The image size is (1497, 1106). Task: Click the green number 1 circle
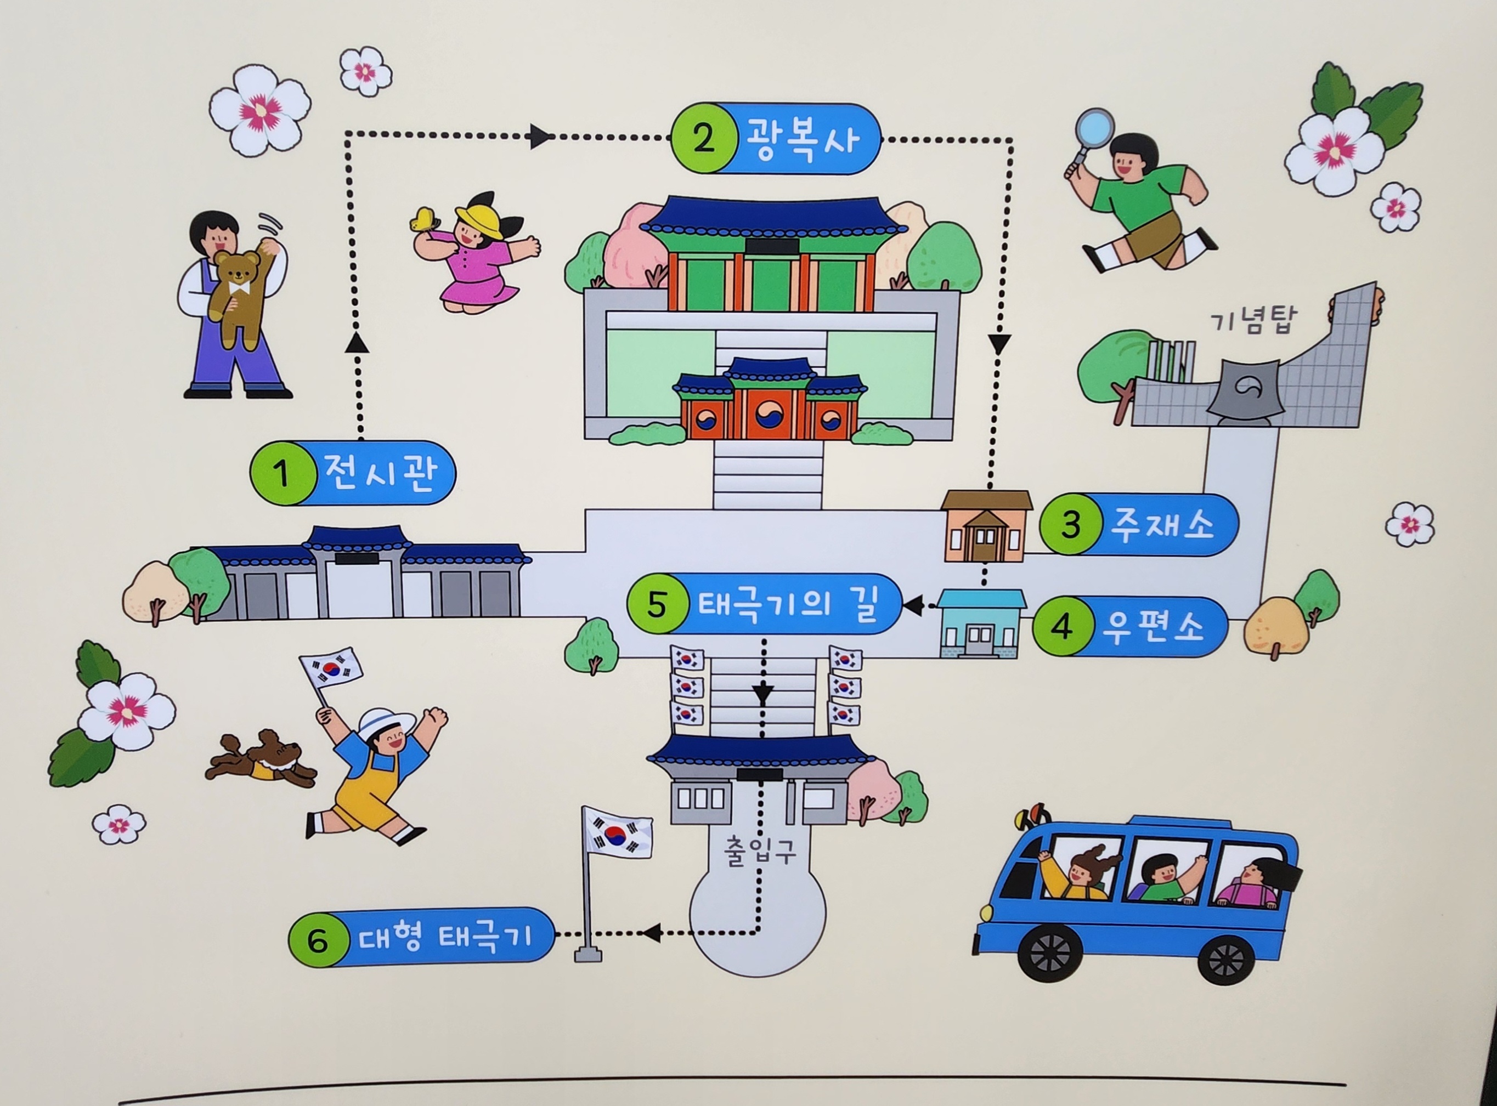282,474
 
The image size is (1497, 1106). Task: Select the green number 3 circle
1070,525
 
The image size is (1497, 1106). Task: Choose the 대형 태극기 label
445,937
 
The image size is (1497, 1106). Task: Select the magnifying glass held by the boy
1093,131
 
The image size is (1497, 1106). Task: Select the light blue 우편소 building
980,623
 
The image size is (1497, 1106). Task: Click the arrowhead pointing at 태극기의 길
912,606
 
